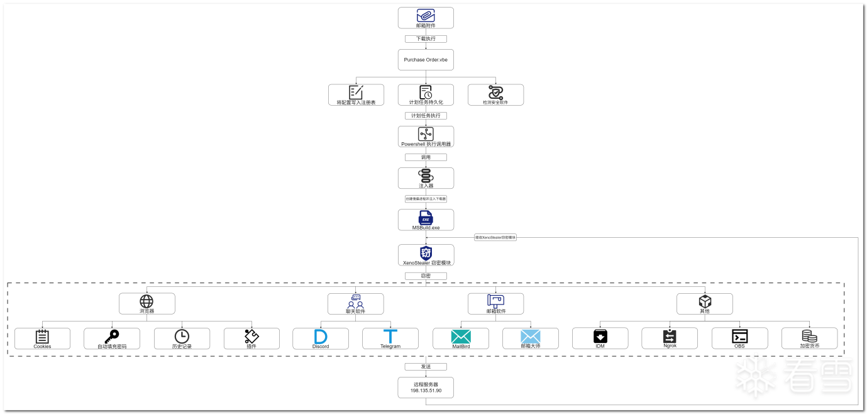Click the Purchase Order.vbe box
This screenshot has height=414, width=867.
tap(426, 60)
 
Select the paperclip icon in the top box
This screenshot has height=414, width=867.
tap(426, 15)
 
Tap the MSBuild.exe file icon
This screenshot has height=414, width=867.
tap(426, 217)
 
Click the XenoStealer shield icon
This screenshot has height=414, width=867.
tap(426, 253)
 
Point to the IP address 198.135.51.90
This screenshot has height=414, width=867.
tap(426, 391)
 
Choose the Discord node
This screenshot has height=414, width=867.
tap(320, 338)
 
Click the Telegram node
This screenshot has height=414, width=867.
tap(390, 338)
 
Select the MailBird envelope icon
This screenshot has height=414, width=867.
tap(460, 336)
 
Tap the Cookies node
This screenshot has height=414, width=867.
tap(42, 338)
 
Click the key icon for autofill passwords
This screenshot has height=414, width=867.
tap(112, 336)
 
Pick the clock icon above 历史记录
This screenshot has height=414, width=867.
tap(182, 336)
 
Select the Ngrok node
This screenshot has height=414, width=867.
tap(669, 338)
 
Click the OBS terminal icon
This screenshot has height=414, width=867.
tap(739, 336)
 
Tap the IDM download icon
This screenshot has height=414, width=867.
tap(600, 336)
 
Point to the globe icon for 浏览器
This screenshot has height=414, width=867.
tap(146, 301)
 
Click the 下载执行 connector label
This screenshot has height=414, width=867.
tap(426, 39)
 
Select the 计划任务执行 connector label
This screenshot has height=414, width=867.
tap(426, 116)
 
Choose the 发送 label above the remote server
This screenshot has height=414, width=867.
tap(426, 366)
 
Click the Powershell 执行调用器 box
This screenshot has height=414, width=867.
tap(426, 137)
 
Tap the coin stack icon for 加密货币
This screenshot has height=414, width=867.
tap(809, 336)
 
